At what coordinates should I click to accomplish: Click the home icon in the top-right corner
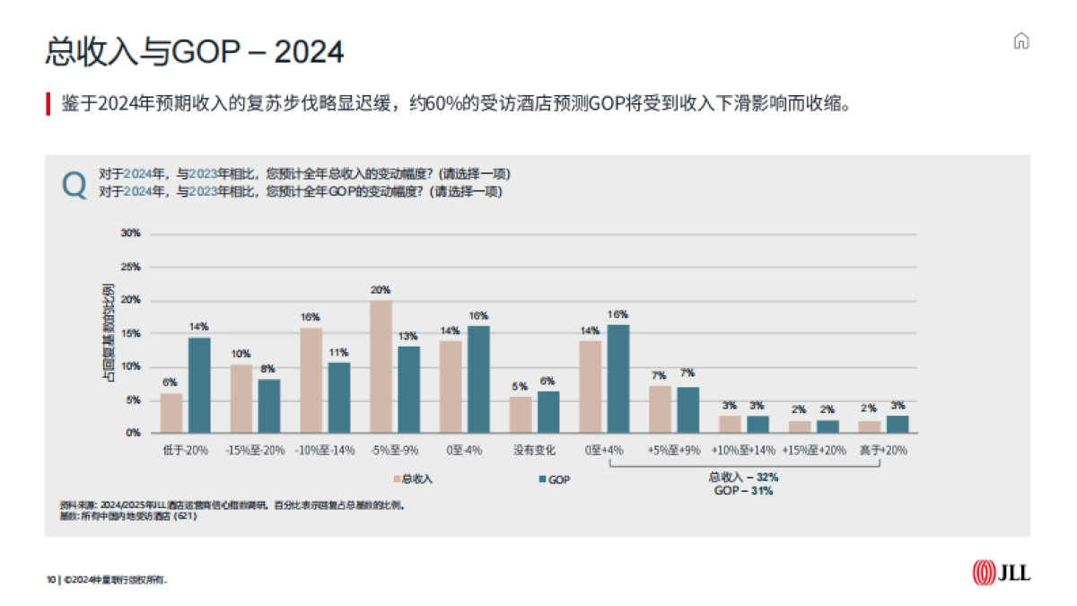click(x=1020, y=41)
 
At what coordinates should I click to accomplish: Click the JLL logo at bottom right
click(x=1001, y=572)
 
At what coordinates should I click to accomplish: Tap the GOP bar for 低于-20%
click(x=199, y=385)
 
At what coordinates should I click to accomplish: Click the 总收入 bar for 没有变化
click(x=521, y=415)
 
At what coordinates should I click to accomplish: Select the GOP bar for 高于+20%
click(x=897, y=424)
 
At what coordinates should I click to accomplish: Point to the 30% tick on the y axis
click(x=131, y=233)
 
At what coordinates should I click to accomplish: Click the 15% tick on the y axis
click(x=131, y=333)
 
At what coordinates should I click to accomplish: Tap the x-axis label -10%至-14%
click(x=325, y=450)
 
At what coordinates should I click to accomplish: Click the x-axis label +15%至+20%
click(x=813, y=450)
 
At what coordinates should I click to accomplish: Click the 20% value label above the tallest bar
click(x=381, y=290)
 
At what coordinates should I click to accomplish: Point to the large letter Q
click(x=74, y=184)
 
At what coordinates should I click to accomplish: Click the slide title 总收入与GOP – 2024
click(x=194, y=51)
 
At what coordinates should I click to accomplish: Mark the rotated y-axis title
click(x=108, y=333)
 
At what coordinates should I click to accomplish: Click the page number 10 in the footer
click(x=51, y=580)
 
